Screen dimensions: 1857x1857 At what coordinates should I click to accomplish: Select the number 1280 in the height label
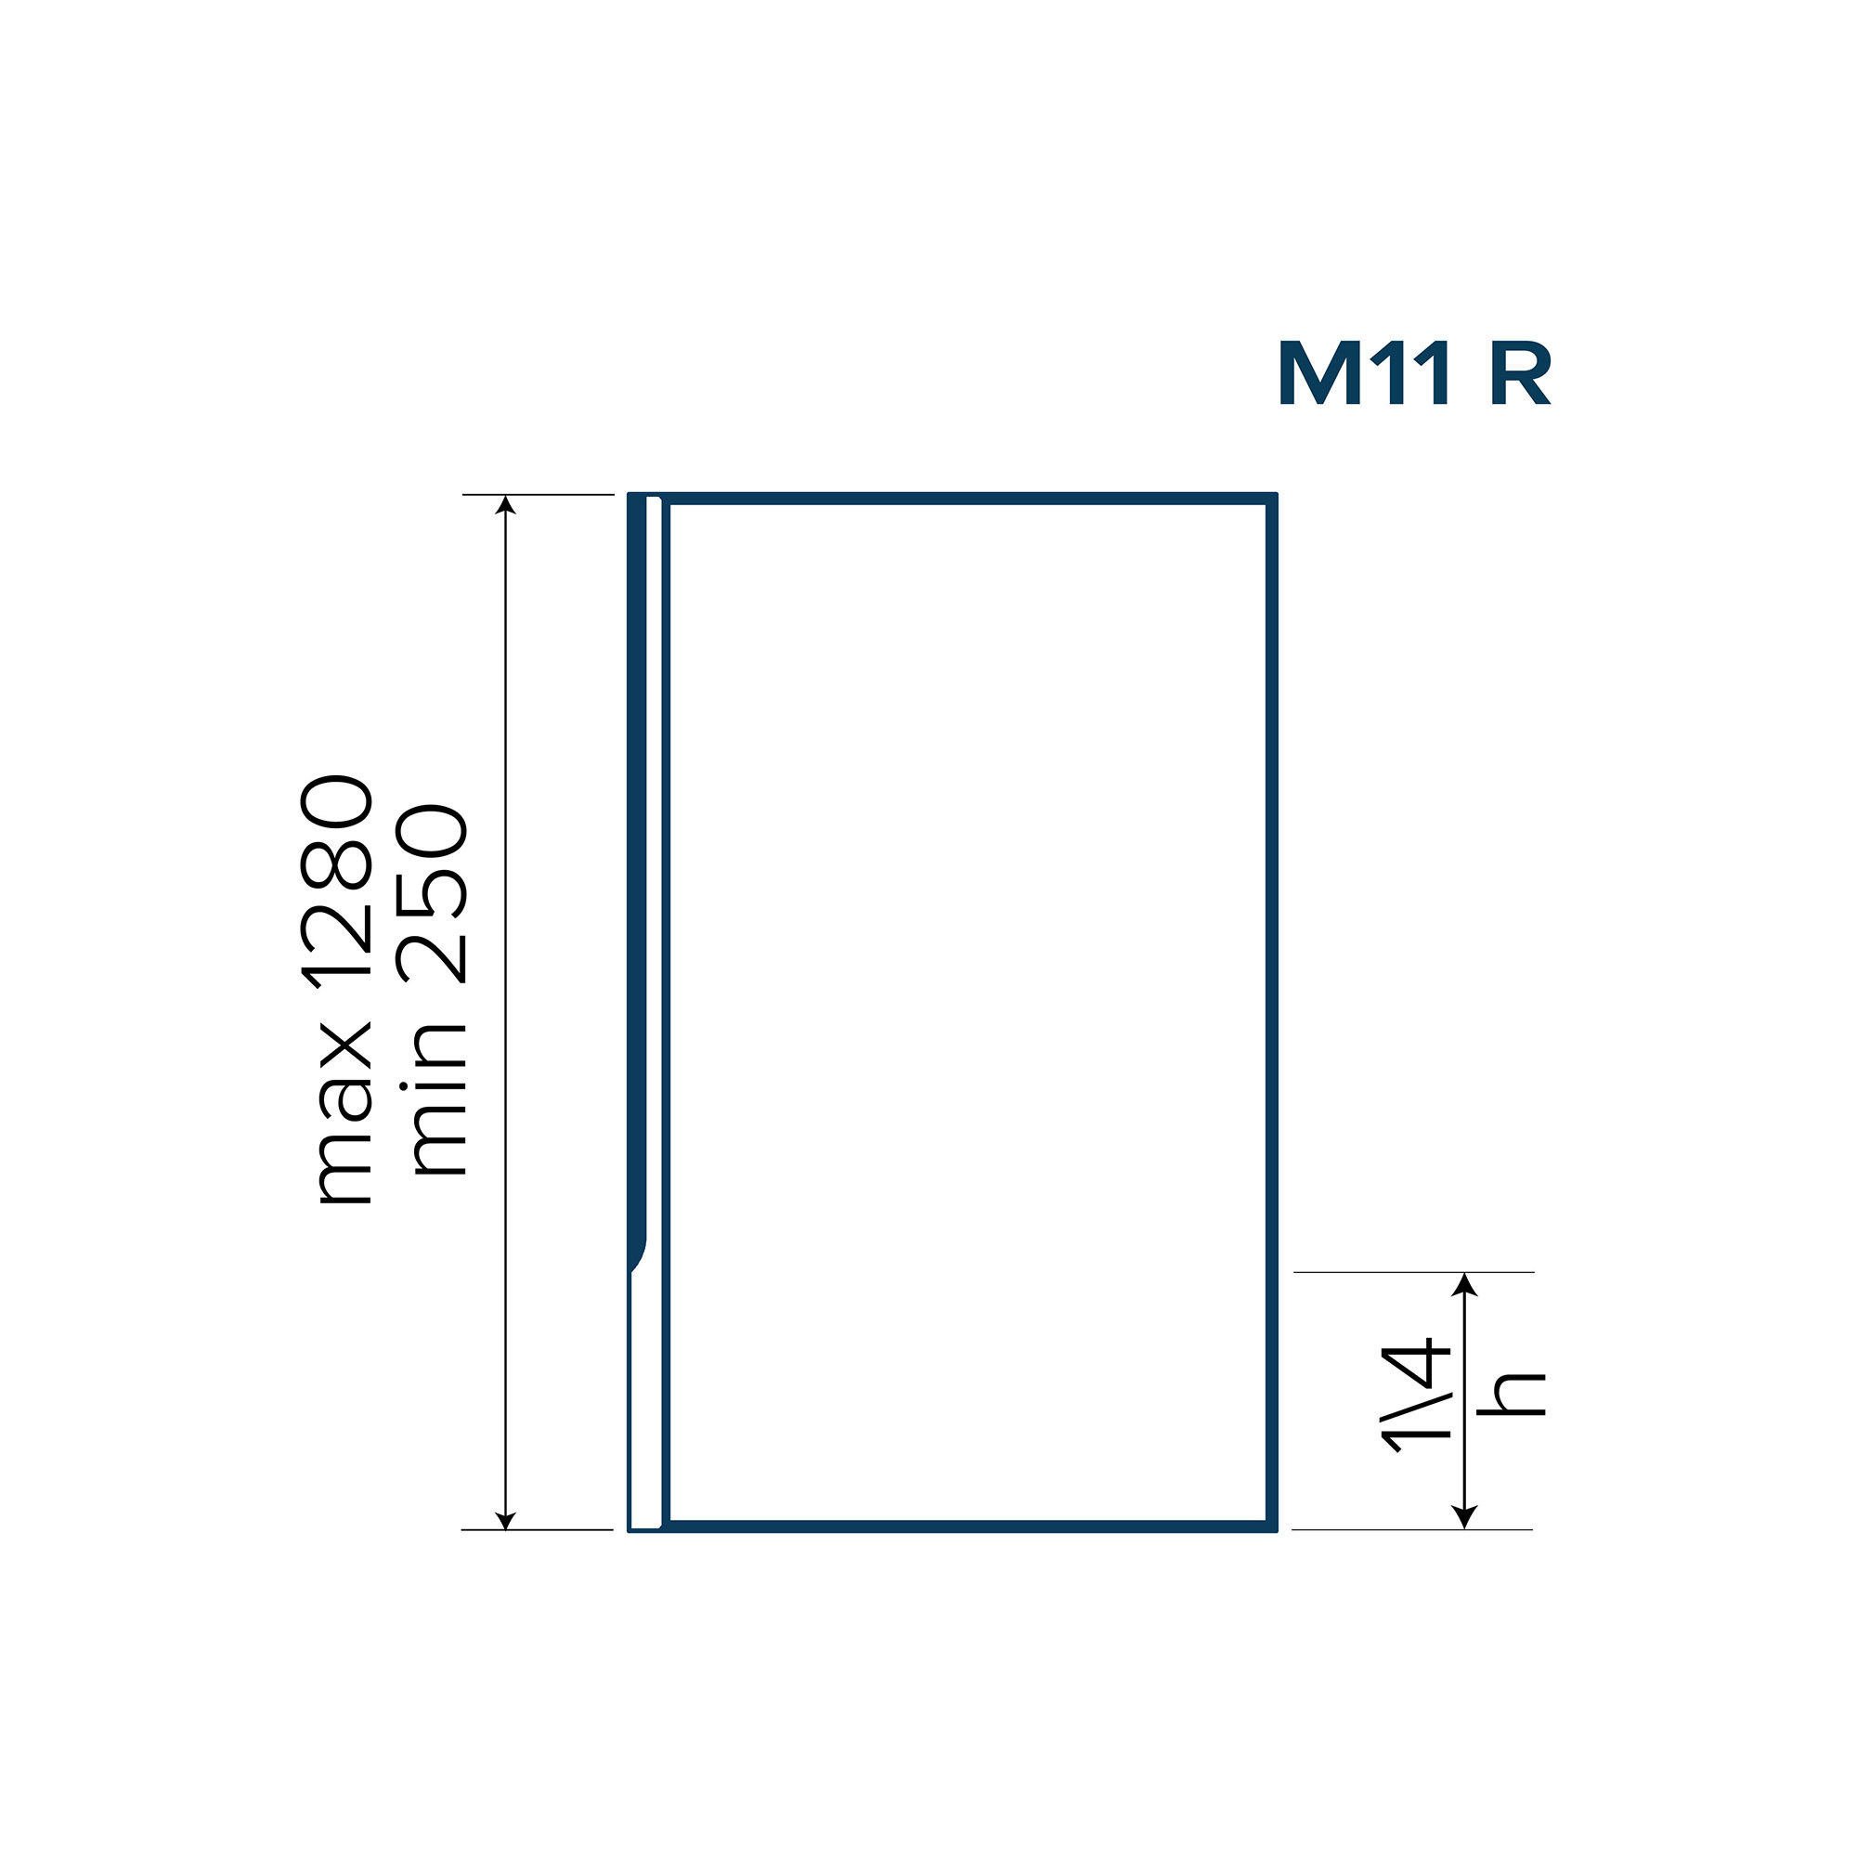pyautogui.click(x=336, y=881)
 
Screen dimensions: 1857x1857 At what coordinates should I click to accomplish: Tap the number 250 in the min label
pyautogui.click(x=433, y=894)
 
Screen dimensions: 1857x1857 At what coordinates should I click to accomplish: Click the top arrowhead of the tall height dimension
pyautogui.click(x=506, y=504)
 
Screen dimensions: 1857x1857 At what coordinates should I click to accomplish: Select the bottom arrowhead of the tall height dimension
pyautogui.click(x=506, y=1519)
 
